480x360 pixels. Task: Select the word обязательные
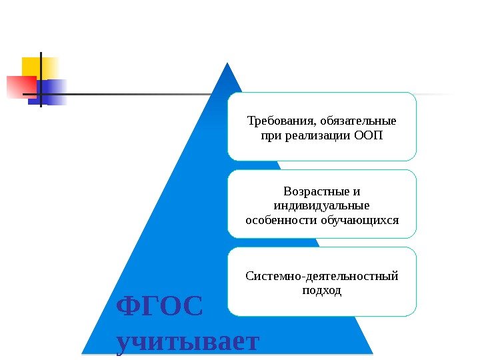point(358,121)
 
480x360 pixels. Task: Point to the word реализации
point(317,136)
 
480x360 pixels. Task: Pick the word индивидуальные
point(322,206)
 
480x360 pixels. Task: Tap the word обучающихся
point(357,219)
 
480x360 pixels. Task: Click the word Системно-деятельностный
point(322,276)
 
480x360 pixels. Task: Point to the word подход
point(322,291)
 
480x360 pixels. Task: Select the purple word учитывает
point(187,341)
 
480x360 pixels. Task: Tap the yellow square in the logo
point(39,67)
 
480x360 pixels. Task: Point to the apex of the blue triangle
point(227,64)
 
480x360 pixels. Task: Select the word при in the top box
point(266,136)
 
